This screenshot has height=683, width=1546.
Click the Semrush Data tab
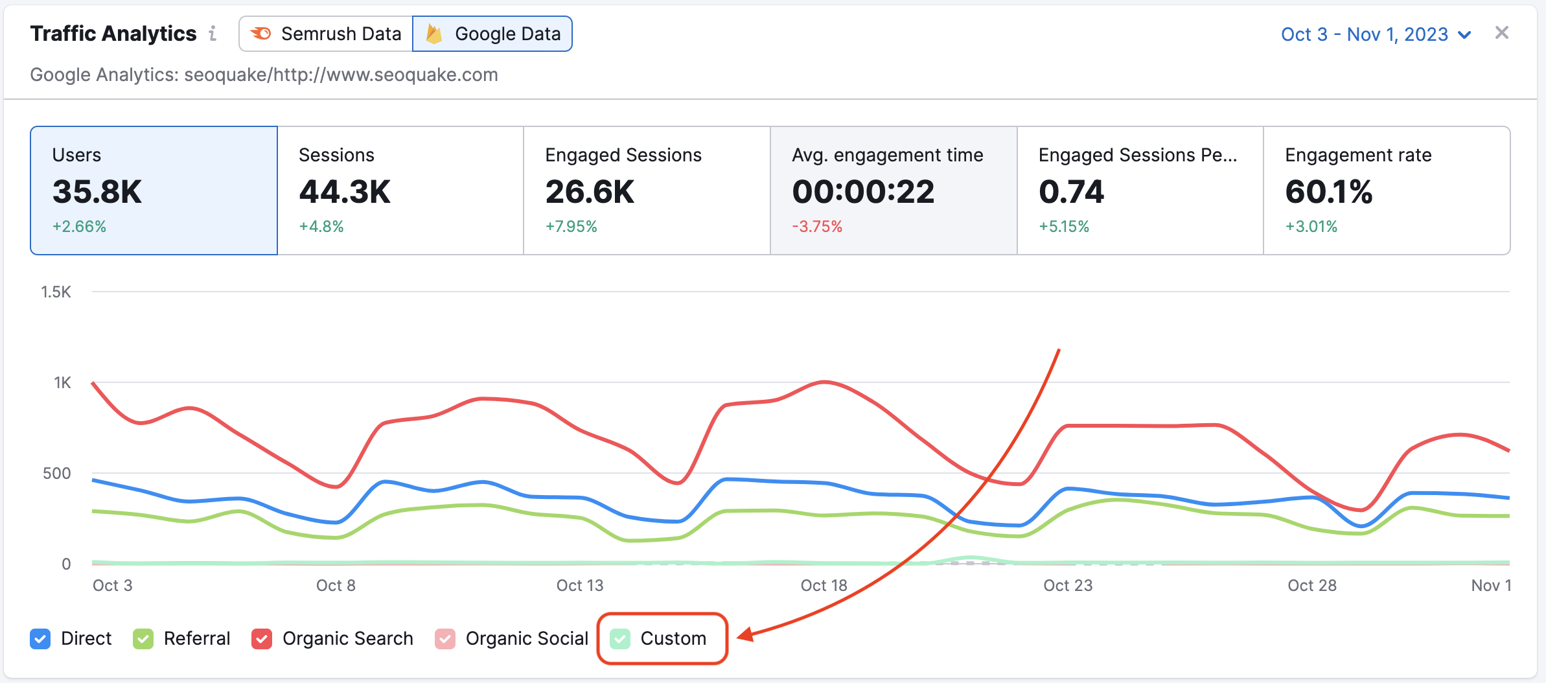[327, 34]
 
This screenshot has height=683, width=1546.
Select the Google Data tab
[492, 34]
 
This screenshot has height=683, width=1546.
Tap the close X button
[1501, 33]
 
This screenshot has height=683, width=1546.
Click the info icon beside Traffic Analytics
[213, 33]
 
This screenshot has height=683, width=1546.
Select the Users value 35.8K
[97, 192]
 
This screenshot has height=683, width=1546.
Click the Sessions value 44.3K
[345, 192]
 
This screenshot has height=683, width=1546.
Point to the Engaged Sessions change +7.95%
[571, 227]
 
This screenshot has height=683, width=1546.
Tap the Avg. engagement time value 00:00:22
[863, 192]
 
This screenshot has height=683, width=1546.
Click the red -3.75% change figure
[817, 227]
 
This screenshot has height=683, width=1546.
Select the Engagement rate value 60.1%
[1328, 192]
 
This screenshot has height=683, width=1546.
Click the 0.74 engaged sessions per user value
[1071, 192]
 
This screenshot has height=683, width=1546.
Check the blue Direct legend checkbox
[40, 639]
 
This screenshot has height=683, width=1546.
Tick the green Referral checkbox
[143, 639]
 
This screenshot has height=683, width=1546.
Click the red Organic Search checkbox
[262, 639]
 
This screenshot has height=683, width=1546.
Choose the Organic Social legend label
[526, 639]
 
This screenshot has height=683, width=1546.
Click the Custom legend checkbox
[620, 639]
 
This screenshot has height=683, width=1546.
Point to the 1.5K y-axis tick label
[56, 292]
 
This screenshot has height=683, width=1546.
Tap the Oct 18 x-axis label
[824, 586]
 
